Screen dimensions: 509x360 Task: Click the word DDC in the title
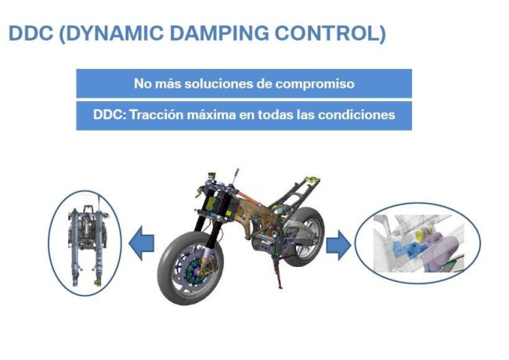pyautogui.click(x=31, y=33)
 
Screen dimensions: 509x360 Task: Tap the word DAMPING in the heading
pyautogui.click(x=219, y=33)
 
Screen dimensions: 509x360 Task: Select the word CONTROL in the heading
pyautogui.click(x=328, y=33)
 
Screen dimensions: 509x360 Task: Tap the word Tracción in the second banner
pyautogui.click(x=157, y=115)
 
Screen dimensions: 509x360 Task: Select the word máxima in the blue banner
pyautogui.click(x=211, y=115)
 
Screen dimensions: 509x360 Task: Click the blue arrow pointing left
pyautogui.click(x=142, y=243)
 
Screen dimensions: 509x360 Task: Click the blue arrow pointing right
pyautogui.click(x=338, y=245)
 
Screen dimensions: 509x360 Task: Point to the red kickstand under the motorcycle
pyautogui.click(x=278, y=272)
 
